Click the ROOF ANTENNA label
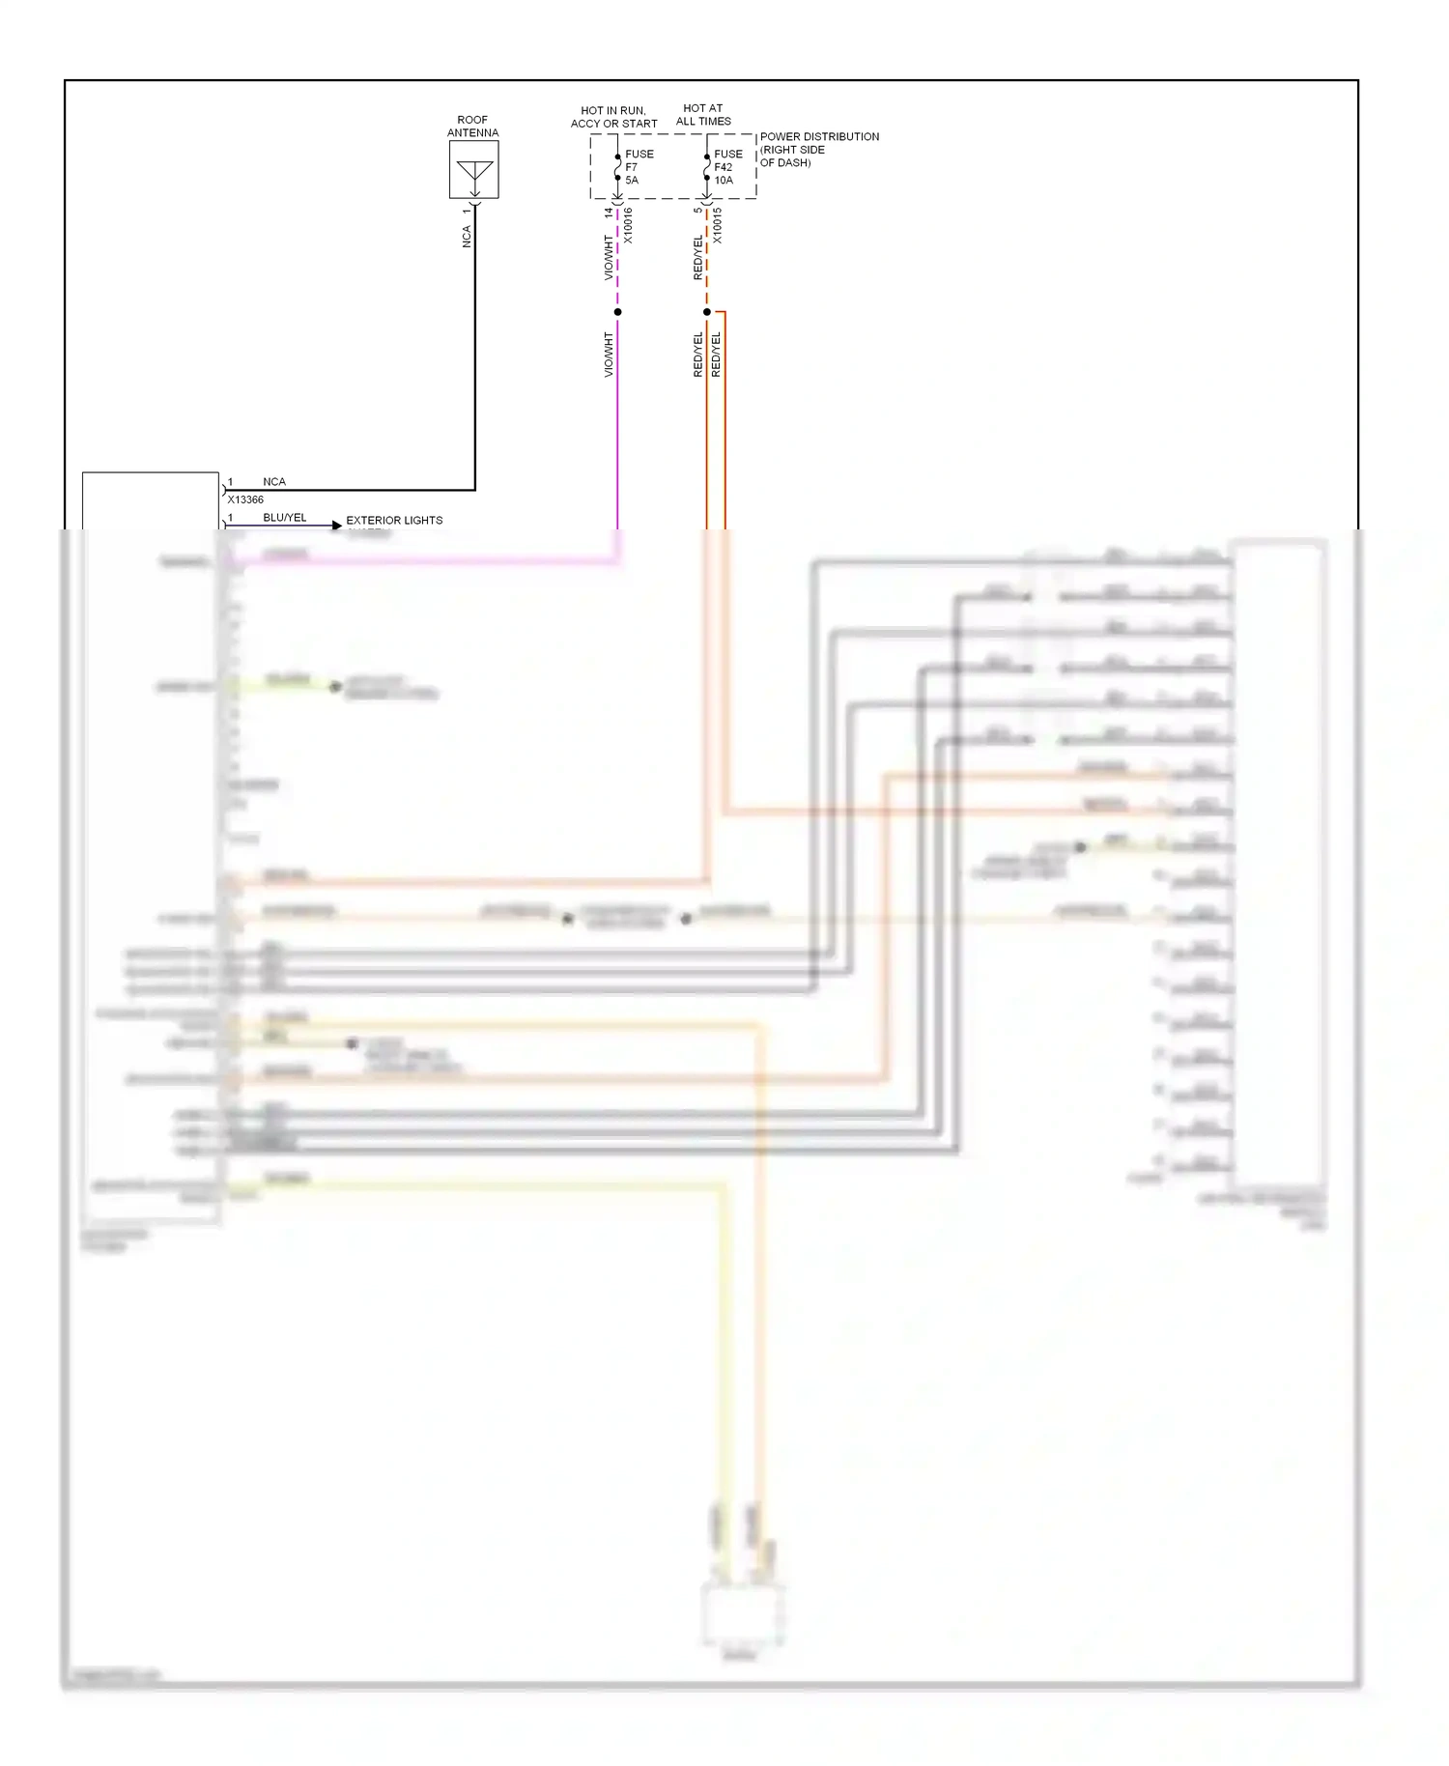pyautogui.click(x=472, y=127)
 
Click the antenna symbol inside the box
pyautogui.click(x=474, y=171)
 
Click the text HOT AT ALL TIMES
pyautogui.click(x=703, y=115)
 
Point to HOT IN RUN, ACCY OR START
pyautogui.click(x=613, y=117)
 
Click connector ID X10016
pyautogui.click(x=628, y=225)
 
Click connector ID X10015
pyautogui.click(x=717, y=225)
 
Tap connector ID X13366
pyautogui.click(x=245, y=499)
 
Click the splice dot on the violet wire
pyautogui.click(x=617, y=312)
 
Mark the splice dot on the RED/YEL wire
pyautogui.click(x=706, y=312)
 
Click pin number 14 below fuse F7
pyautogui.click(x=609, y=213)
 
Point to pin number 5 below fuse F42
pyautogui.click(x=697, y=211)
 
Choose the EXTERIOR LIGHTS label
pyautogui.click(x=394, y=520)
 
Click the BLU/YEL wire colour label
pyautogui.click(x=284, y=518)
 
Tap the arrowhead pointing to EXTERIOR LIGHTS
pyautogui.click(x=336, y=526)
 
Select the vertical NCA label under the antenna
pyautogui.click(x=467, y=237)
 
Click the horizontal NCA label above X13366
pyautogui.click(x=274, y=481)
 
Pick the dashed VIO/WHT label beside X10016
pyautogui.click(x=609, y=257)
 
